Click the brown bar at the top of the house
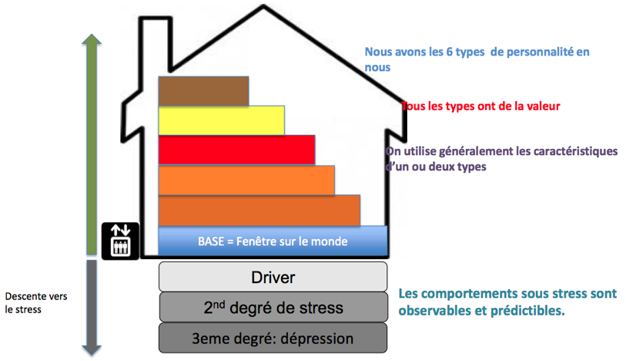click(x=203, y=91)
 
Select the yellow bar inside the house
click(x=222, y=120)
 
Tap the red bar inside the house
click(x=236, y=150)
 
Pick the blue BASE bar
click(x=273, y=241)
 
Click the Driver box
click(x=273, y=277)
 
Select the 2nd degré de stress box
click(x=273, y=307)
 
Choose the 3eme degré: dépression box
click(x=273, y=338)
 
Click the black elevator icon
click(x=121, y=241)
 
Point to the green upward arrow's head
click(x=92, y=39)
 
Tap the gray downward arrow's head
click(x=92, y=350)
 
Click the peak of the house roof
click(x=263, y=5)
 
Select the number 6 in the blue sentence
click(x=449, y=52)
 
